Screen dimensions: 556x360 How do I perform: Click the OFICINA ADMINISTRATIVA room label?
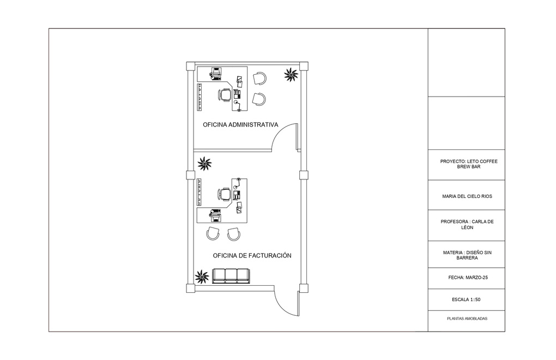[240, 125]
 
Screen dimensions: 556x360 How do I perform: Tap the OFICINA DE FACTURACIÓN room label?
[252, 255]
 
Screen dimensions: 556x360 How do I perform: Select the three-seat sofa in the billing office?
[231, 276]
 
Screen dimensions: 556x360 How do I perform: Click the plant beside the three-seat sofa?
[202, 277]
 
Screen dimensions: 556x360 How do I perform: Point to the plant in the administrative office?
[291, 75]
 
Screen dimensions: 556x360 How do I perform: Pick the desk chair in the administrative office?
[225, 95]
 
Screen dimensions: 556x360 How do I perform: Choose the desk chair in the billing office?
[225, 194]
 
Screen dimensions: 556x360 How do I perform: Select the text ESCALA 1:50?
[466, 299]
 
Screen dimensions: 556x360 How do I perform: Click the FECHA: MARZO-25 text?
[468, 278]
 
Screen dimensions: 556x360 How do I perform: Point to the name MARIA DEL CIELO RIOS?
[467, 196]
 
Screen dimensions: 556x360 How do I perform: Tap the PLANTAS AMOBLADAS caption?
[467, 319]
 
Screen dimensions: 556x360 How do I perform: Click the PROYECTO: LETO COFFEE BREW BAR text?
[469, 164]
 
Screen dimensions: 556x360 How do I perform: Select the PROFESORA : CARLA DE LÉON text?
[467, 225]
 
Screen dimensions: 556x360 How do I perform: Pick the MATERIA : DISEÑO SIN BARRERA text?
[467, 255]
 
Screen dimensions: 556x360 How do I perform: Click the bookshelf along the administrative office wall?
[200, 97]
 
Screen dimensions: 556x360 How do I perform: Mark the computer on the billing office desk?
[215, 214]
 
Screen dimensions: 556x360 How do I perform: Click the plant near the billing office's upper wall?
[204, 164]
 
